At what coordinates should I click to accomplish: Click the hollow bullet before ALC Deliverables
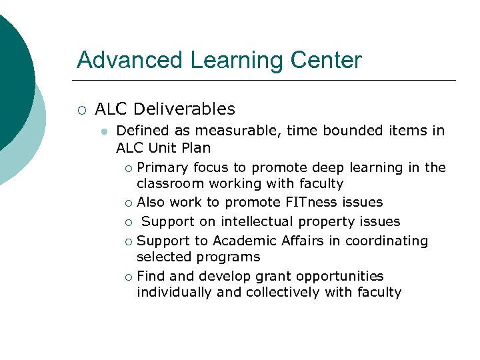[x=81, y=109]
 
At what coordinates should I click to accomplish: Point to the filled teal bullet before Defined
[x=103, y=131]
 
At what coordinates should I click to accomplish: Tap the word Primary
[x=162, y=167]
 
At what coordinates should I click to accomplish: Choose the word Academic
[x=245, y=241]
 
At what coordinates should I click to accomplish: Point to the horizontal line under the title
[x=267, y=81]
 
